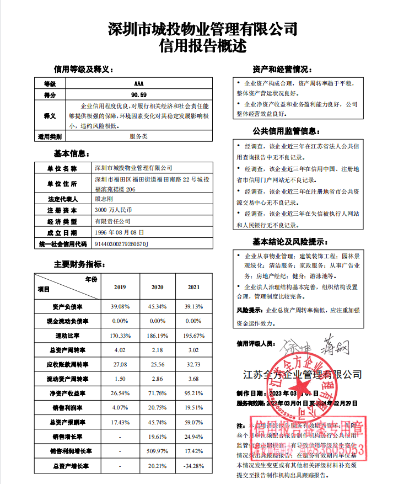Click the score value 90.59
coord(138,95)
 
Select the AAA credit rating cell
coord(138,83)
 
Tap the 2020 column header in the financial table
coord(157,288)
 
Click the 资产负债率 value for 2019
coord(120,306)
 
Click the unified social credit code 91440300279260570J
coord(122,243)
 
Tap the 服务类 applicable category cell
coord(138,135)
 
